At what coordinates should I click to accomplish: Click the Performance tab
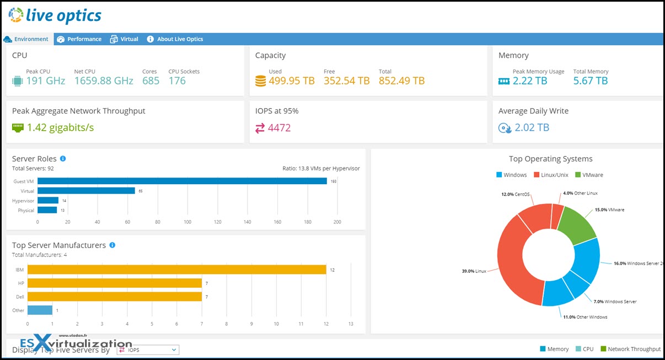point(79,39)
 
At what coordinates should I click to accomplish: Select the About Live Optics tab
point(175,39)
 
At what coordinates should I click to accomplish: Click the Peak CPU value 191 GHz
point(45,81)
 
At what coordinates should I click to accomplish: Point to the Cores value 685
point(151,81)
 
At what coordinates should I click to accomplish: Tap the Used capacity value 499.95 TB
point(291,81)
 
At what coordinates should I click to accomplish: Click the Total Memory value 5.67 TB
point(590,81)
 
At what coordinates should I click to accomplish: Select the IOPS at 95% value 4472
point(279,128)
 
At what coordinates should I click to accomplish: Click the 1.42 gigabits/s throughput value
point(60,128)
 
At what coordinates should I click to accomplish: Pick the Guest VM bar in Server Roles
point(182,181)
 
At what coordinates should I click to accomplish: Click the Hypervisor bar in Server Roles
point(48,201)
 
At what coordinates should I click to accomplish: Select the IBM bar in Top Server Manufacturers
point(176,270)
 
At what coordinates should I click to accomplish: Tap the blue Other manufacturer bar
point(40,310)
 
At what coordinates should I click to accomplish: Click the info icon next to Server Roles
point(63,159)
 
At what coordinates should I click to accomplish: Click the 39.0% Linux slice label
point(474,271)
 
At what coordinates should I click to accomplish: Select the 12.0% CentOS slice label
point(515,195)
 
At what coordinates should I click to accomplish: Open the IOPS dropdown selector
point(148,350)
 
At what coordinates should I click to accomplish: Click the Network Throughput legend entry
point(630,349)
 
